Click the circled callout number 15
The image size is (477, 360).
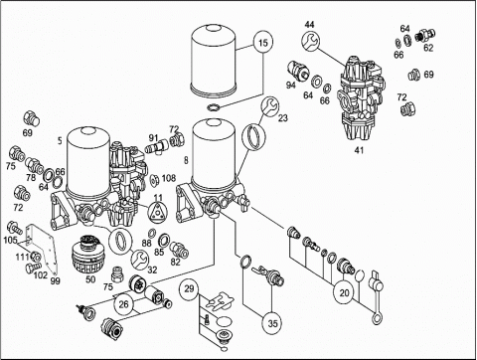click(x=263, y=43)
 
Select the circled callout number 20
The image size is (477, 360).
click(x=344, y=292)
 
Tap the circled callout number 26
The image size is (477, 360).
click(x=123, y=304)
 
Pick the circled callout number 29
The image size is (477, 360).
click(x=189, y=288)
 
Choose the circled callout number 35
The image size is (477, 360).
click(x=272, y=323)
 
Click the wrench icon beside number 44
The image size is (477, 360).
click(x=311, y=42)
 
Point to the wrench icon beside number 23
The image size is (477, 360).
click(x=270, y=106)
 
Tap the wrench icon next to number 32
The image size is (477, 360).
click(x=140, y=260)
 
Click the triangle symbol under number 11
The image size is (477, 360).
click(x=158, y=212)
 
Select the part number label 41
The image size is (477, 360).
click(x=359, y=150)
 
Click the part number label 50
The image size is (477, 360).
click(x=90, y=279)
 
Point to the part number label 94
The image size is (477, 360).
click(x=291, y=86)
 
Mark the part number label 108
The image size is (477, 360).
click(x=169, y=178)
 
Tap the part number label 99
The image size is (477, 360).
click(x=56, y=281)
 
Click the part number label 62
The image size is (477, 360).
click(x=428, y=48)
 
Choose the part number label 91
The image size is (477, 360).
click(x=153, y=137)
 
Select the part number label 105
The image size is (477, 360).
click(x=10, y=240)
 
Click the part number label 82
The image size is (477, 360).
click(x=175, y=262)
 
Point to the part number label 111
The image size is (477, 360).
click(x=22, y=257)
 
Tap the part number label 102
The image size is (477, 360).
click(x=41, y=274)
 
